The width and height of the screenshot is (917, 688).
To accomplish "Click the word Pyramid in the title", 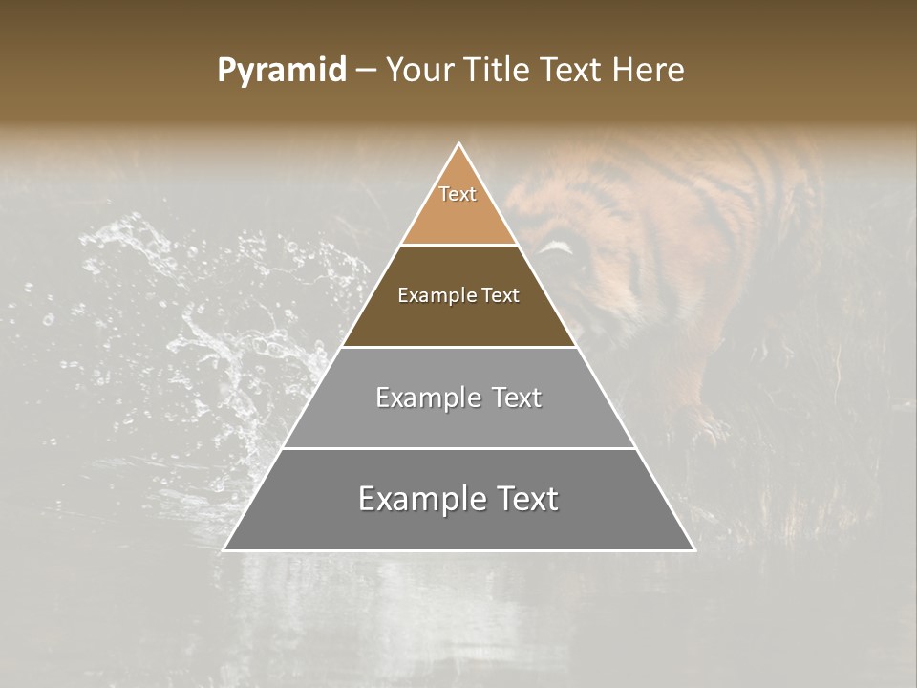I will tap(281, 71).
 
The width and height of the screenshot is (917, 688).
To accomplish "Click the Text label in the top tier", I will tap(458, 194).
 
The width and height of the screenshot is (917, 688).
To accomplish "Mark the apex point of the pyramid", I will tap(459, 144).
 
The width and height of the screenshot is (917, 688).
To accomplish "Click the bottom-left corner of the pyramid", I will tap(224, 550).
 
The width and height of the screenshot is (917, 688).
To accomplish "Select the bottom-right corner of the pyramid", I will tap(694, 550).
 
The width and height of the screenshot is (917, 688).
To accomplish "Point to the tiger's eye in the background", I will tap(559, 250).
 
